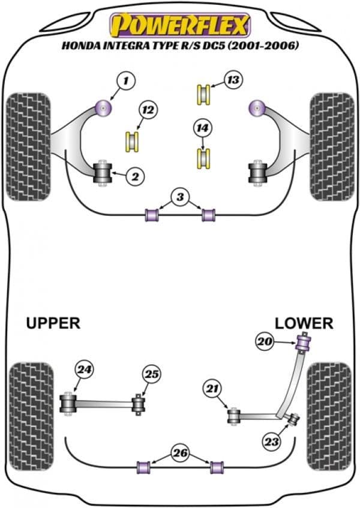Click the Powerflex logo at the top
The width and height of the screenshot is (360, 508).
pos(178,26)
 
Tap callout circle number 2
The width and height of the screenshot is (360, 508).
pos(135,176)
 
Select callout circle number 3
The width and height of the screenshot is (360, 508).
pos(178,196)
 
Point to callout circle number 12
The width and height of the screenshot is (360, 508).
pos(147,110)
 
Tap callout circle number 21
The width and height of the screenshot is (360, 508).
pos(211,390)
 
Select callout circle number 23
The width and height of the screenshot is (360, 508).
pos(272,442)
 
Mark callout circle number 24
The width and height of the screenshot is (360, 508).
pos(83,371)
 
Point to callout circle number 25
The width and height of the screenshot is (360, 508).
pos(151,374)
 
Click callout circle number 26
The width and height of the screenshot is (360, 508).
pos(179,452)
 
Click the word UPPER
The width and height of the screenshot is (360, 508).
pos(53,323)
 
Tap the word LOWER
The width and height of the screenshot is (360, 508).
pos(304,323)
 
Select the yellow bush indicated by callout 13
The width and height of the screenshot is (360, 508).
pos(204,93)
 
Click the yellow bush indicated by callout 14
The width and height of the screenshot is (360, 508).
pos(204,157)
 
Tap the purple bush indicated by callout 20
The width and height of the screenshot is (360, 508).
pos(304,345)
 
